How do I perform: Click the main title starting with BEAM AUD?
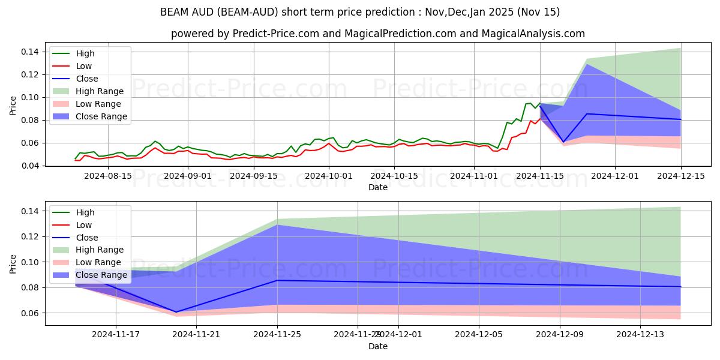point(360,12)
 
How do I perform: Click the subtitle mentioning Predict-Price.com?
point(377,34)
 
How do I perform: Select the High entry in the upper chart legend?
point(85,53)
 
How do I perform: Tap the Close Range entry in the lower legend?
point(101,275)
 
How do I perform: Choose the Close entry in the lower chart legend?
point(86,238)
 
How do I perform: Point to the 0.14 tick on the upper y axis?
point(31,52)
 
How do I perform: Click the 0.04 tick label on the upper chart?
point(31,166)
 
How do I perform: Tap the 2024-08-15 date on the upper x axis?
point(107,176)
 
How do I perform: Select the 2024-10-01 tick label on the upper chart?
point(328,176)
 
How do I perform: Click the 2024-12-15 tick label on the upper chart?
point(681,176)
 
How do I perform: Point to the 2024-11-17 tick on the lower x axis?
point(116,335)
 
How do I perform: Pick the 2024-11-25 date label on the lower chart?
point(277,335)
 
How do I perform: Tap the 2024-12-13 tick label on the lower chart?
point(641,335)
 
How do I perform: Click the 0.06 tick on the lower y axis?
point(31,313)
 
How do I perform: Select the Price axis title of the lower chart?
point(13,263)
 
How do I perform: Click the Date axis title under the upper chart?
point(378,187)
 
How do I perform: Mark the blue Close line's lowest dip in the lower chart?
point(176,312)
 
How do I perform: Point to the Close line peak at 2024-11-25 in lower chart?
point(277,280)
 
